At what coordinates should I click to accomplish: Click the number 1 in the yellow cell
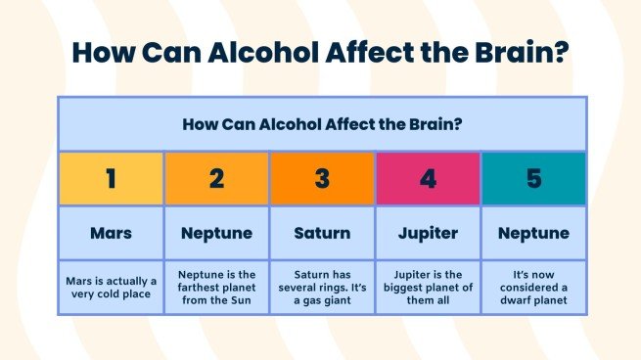111,178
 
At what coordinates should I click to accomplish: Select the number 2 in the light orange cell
216,178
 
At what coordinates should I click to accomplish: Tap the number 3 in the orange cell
322,178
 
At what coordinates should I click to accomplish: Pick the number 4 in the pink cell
428,178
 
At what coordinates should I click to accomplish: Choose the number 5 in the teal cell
533,178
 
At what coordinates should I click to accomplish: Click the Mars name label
111,234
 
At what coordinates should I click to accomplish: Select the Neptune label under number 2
216,234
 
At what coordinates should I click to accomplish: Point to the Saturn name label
322,234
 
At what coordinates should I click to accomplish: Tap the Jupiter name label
428,234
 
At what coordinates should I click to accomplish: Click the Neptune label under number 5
533,234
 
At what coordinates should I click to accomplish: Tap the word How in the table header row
198,124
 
